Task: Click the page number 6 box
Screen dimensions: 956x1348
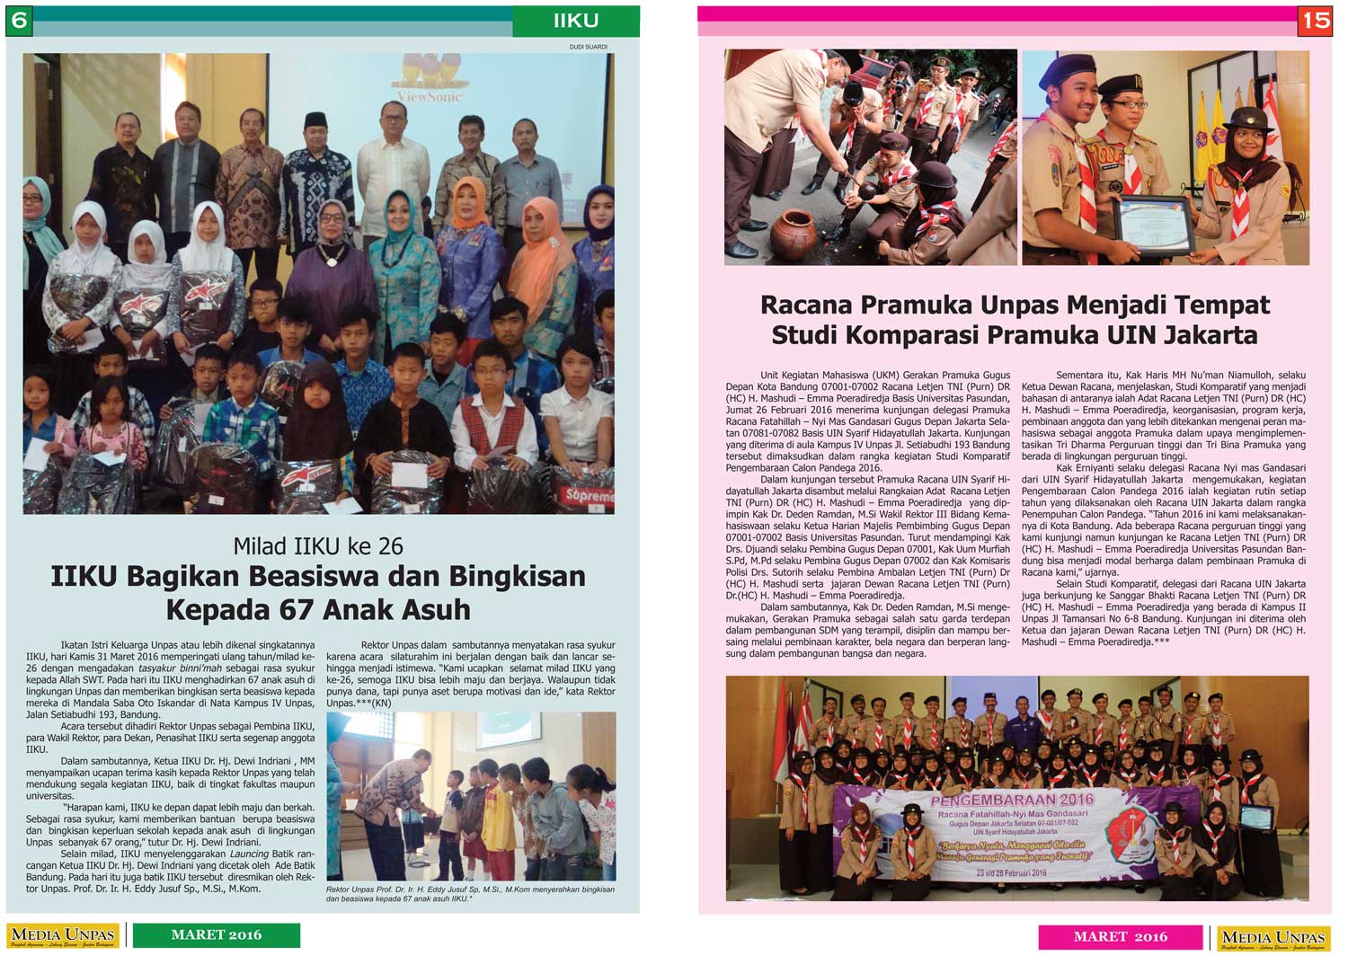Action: pos(19,21)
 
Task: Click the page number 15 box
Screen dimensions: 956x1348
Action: pos(1315,21)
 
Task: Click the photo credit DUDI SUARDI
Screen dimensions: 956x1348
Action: pos(589,47)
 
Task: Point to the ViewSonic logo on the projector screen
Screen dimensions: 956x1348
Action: pos(430,95)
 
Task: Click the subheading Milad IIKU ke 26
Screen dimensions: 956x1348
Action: pos(318,545)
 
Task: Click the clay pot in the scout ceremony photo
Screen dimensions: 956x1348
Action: pos(794,235)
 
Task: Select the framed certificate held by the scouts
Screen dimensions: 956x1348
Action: pos(1154,226)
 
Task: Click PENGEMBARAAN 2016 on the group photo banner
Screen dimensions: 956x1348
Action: pos(1012,800)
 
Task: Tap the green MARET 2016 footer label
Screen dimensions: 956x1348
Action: pos(217,935)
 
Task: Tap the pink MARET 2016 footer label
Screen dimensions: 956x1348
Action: pos(1120,936)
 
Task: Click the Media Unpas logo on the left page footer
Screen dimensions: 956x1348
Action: pos(63,936)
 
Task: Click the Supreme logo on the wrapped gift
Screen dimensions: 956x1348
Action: pos(589,495)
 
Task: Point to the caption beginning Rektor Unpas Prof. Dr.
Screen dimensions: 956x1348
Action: pos(470,893)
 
